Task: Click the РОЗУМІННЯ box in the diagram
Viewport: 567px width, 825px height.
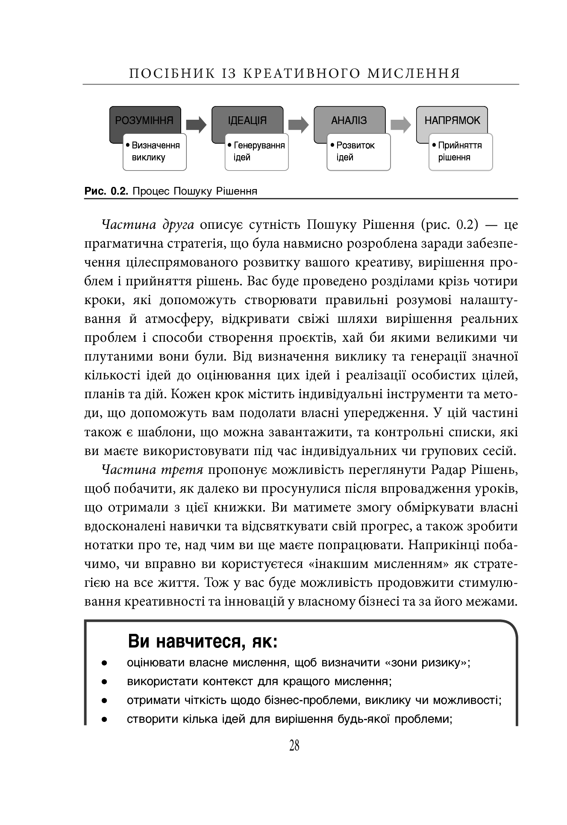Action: tap(144, 120)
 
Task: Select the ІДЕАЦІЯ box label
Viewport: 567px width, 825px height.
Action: tap(247, 120)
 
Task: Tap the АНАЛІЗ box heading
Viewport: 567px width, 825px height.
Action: tap(349, 120)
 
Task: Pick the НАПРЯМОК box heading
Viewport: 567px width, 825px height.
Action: tap(452, 120)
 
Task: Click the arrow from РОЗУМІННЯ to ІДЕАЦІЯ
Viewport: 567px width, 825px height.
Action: tap(196, 124)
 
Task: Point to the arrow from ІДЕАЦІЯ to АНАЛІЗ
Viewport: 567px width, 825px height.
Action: tap(298, 124)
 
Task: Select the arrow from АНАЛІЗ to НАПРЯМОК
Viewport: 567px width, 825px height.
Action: tap(400, 124)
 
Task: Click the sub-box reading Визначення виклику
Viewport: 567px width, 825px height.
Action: tap(155, 152)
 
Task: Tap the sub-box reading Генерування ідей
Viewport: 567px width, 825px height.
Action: tap(257, 152)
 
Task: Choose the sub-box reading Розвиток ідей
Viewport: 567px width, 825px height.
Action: tap(359, 152)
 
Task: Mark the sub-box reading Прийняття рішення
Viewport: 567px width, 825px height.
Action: tap(461, 152)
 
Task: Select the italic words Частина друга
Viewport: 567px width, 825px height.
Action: tap(148, 225)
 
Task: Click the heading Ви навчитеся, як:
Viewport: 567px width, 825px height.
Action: tap(203, 642)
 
